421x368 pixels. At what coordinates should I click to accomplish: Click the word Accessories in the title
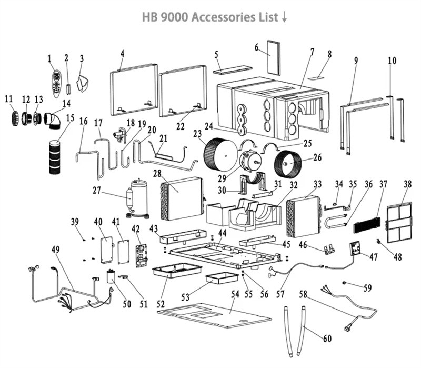(x=220, y=17)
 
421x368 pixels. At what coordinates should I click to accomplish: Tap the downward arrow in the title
(x=285, y=17)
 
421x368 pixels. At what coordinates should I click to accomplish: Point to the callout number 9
(x=356, y=61)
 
